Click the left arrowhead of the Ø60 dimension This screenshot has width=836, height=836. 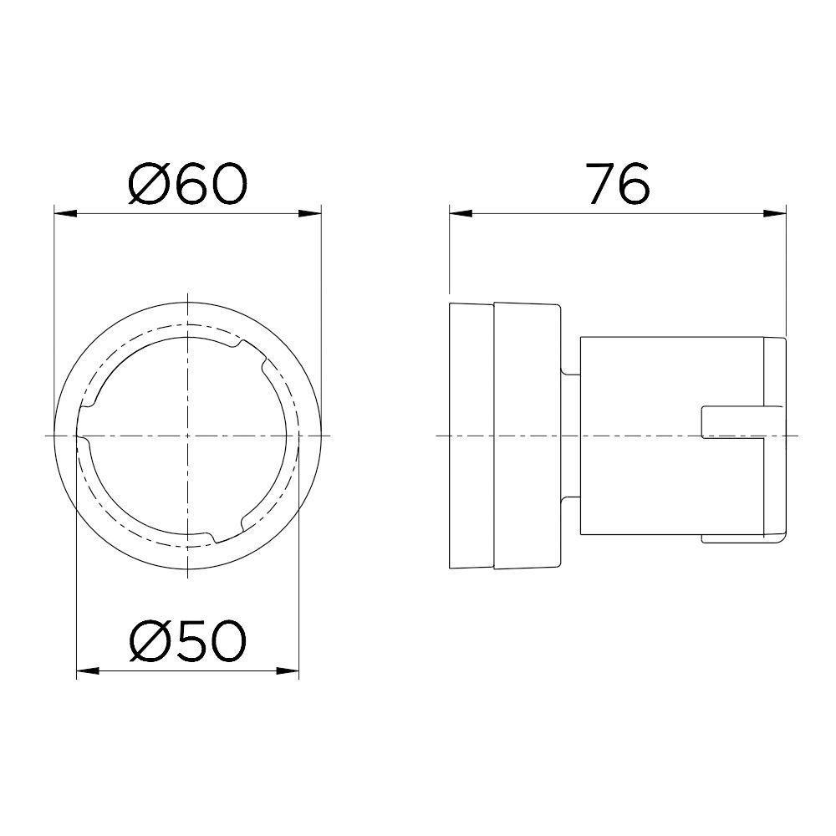[x=62, y=212]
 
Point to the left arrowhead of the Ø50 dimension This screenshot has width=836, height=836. [x=84, y=670]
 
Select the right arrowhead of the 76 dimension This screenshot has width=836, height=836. [x=777, y=212]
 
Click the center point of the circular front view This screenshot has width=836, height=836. [x=188, y=436]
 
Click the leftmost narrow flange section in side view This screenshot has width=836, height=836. [x=472, y=436]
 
